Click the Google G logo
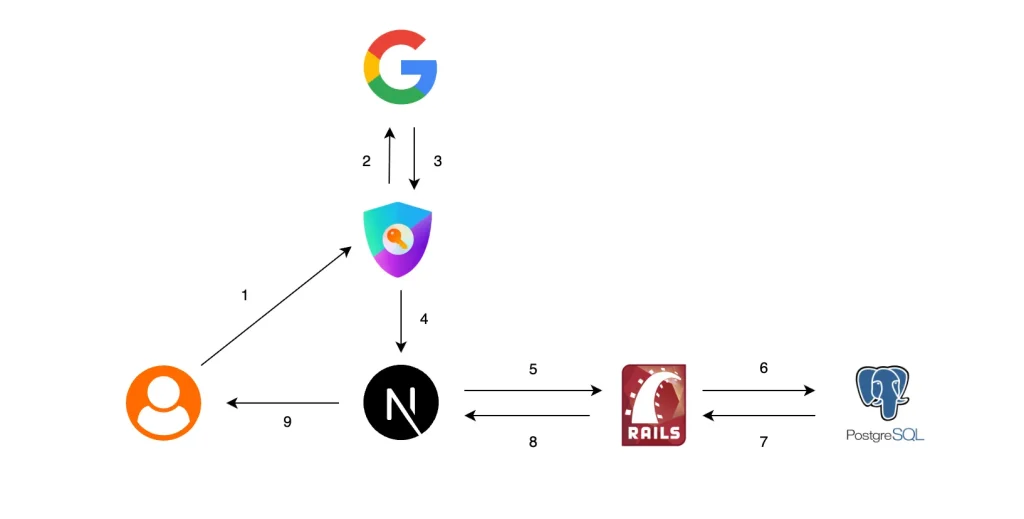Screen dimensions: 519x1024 pyautogui.click(x=400, y=67)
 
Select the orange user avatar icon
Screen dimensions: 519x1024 pyautogui.click(x=163, y=403)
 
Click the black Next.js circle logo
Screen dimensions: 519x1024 pyautogui.click(x=400, y=403)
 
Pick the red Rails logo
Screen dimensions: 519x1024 pyautogui.click(x=653, y=404)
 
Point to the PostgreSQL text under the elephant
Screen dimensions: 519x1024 pyautogui.click(x=884, y=436)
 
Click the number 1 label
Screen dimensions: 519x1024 pyautogui.click(x=244, y=295)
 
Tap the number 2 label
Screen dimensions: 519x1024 pyautogui.click(x=366, y=161)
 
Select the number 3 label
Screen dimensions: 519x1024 pyautogui.click(x=437, y=161)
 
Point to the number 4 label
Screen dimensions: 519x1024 pyautogui.click(x=424, y=319)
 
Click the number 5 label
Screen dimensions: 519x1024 pyautogui.click(x=533, y=369)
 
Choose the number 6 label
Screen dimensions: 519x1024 pyautogui.click(x=763, y=368)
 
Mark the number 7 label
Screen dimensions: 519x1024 pyautogui.click(x=763, y=441)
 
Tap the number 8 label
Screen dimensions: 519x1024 pyautogui.click(x=533, y=441)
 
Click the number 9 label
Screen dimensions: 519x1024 pyautogui.click(x=287, y=422)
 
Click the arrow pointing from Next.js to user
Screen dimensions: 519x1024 pyautogui.click(x=283, y=403)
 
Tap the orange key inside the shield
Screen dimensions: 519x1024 pyautogui.click(x=394, y=236)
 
